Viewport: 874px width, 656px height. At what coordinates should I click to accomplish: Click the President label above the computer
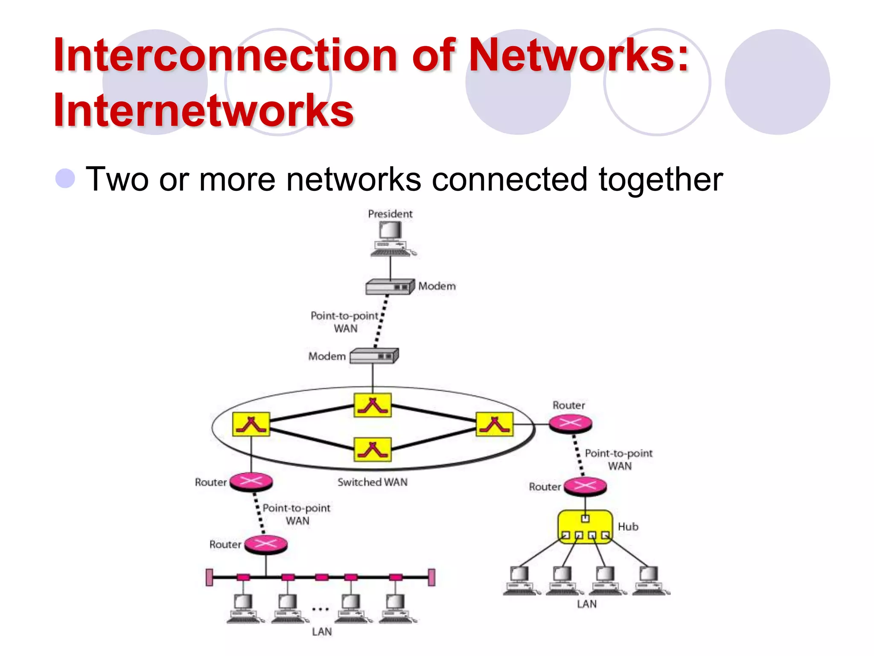point(390,214)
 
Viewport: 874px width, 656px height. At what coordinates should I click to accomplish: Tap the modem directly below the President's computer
point(390,287)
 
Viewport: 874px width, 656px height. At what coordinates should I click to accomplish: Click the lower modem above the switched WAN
point(374,356)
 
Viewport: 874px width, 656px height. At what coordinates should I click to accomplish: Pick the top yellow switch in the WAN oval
point(373,405)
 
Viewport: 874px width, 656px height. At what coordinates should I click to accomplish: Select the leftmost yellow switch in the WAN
point(251,424)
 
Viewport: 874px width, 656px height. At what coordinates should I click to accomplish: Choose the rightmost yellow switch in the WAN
point(495,424)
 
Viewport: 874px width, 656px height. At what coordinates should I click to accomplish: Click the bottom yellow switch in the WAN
point(373,449)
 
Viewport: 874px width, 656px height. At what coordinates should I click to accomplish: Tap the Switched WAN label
point(373,482)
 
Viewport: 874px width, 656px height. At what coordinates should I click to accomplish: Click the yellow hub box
point(585,527)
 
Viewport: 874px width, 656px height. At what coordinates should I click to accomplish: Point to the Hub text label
point(628,527)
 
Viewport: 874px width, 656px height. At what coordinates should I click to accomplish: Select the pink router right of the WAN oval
point(570,424)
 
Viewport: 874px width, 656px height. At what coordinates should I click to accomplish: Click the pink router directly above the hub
point(585,486)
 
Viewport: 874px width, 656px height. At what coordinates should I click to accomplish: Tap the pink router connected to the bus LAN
point(266,545)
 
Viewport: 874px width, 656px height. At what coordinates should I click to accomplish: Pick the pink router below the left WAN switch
point(251,482)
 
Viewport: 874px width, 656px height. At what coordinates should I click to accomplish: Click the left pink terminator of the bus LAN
point(209,577)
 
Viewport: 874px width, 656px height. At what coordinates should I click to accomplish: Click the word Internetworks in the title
point(204,110)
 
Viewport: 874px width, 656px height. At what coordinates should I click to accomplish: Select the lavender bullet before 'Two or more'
point(65,178)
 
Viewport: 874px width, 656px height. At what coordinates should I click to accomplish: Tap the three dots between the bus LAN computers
point(320,609)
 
